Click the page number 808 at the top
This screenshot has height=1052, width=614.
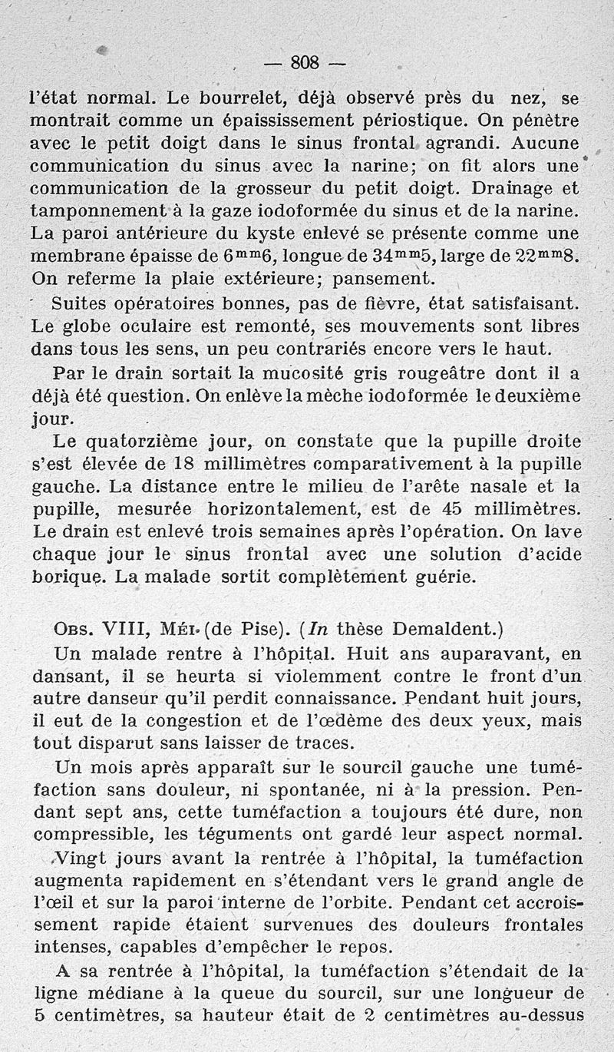305,63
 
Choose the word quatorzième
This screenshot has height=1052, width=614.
144,442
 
